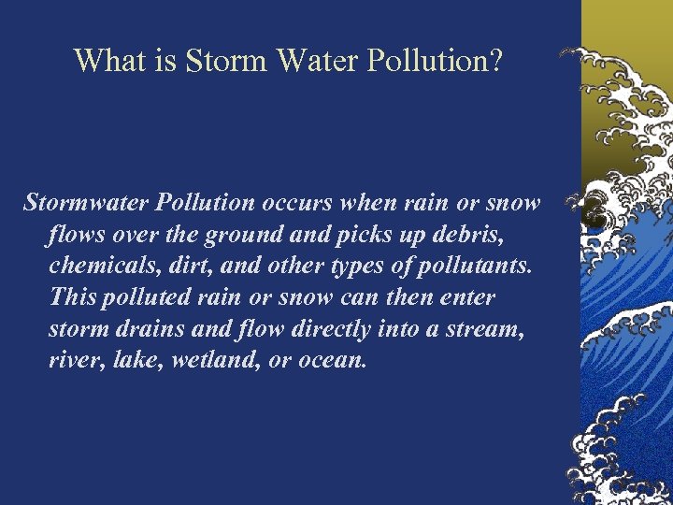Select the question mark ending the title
pos(495,61)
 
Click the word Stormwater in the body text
pos(87,202)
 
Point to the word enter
pos(467,297)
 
